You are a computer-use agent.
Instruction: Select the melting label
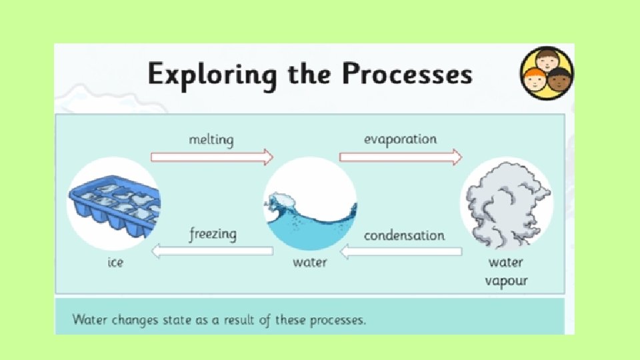tap(211, 140)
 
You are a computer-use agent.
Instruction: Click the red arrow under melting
tap(212, 157)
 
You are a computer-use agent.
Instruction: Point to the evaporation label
tap(400, 139)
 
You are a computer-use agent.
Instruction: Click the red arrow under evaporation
tap(400, 157)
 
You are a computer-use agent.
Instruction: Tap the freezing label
tap(213, 235)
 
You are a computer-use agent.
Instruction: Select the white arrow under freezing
tap(213, 251)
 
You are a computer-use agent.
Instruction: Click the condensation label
tap(404, 235)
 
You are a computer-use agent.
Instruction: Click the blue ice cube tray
tap(113, 203)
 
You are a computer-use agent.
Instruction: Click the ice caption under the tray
tap(116, 263)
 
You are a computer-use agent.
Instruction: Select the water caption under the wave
tap(310, 263)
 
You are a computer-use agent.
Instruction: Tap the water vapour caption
tap(507, 271)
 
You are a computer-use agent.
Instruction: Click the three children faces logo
tap(546, 73)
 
